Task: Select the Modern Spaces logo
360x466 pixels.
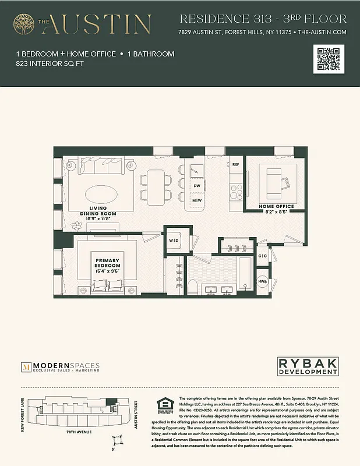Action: coord(60,367)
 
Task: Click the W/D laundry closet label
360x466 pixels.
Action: coord(174,240)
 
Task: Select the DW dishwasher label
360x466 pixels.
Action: coord(197,186)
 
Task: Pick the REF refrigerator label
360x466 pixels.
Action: coord(236,165)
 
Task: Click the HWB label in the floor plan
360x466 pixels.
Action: coord(263,282)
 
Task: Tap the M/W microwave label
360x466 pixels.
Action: coord(197,200)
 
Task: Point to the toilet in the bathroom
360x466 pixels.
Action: coord(193,286)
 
